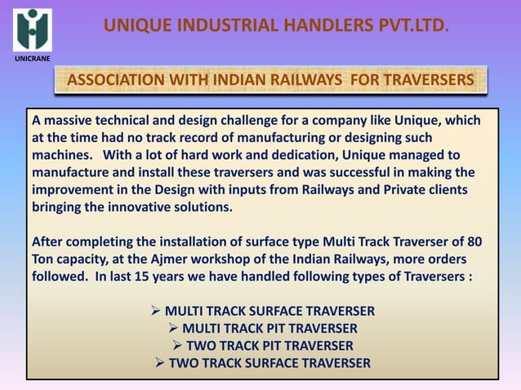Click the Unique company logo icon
coord(32,29)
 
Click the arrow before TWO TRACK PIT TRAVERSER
coord(176,345)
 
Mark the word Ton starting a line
coord(44,259)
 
